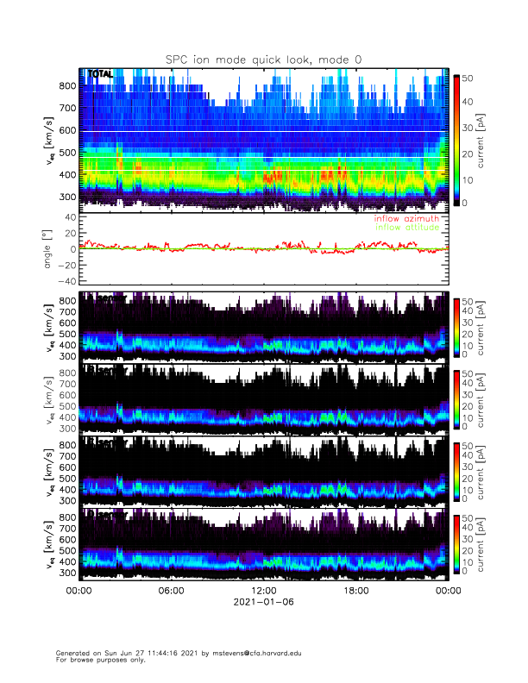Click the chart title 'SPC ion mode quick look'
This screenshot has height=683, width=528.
point(264,59)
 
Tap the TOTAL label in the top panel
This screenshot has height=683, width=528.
point(101,75)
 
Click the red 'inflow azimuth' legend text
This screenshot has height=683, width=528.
point(406,219)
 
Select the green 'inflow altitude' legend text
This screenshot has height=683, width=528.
point(406,228)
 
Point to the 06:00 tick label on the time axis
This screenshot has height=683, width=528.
point(171,591)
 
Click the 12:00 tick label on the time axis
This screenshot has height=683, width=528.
point(263,591)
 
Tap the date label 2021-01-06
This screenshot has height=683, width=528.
point(263,603)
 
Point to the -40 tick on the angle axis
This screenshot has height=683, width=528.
point(66,281)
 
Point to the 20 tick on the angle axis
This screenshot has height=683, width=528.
point(68,233)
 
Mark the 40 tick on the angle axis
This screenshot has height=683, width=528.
point(68,217)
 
